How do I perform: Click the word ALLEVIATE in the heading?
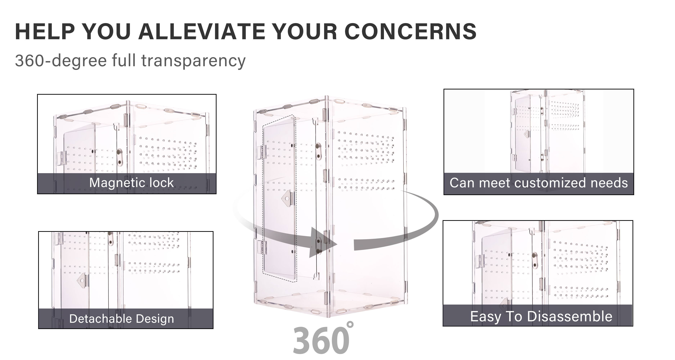point(202,31)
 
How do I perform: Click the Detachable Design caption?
point(121,319)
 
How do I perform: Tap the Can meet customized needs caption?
point(539,183)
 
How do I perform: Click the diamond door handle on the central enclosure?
point(287,198)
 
